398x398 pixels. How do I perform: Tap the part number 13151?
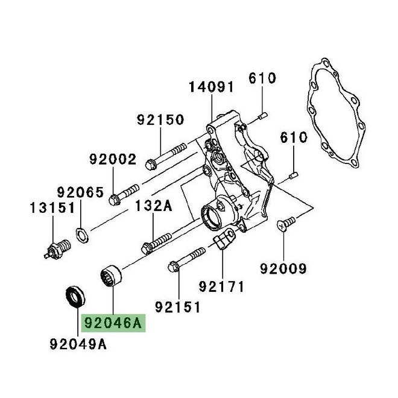pos(52,209)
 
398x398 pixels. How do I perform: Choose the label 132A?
pos(153,206)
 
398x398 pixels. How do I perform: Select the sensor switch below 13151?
pos(57,248)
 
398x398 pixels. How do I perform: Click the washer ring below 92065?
pos(82,232)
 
